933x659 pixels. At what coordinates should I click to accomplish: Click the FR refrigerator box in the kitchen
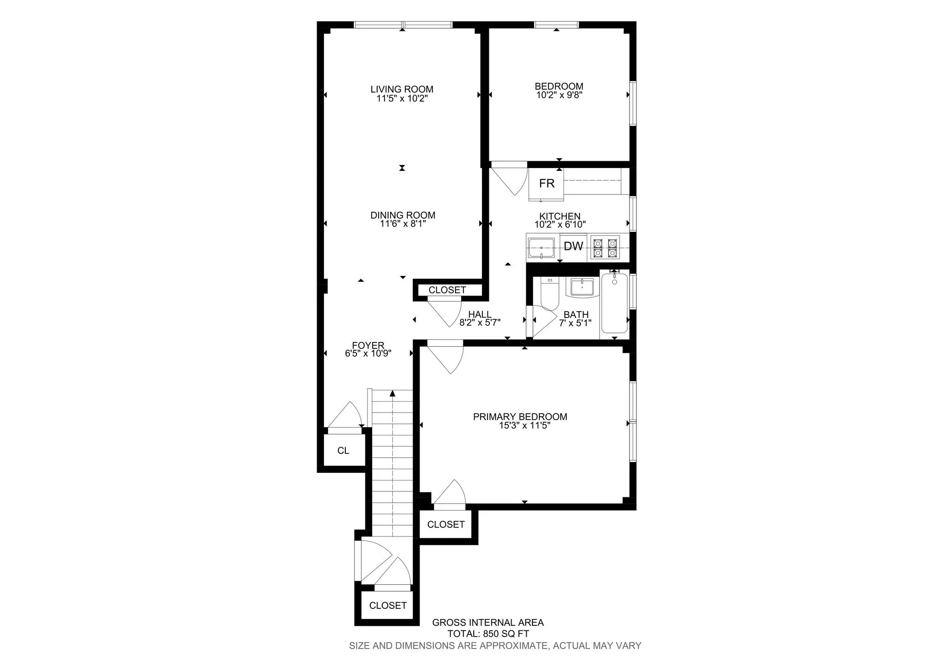tap(546, 184)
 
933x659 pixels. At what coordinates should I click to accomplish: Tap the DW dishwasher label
tap(573, 246)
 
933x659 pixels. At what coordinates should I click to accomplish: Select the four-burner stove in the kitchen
tap(605, 247)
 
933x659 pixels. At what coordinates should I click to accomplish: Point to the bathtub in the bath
tap(614, 303)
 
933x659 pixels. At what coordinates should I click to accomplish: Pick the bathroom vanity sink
tap(582, 287)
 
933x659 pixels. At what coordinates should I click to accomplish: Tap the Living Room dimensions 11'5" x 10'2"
tap(402, 98)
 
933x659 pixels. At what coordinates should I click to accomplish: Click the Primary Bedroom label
tap(520, 416)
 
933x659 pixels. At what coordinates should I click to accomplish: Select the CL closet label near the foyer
tap(343, 450)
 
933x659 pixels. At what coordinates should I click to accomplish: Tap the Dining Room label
tap(403, 215)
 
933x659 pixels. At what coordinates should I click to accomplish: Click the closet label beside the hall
tap(447, 290)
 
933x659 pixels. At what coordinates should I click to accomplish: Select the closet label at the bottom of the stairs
tap(388, 605)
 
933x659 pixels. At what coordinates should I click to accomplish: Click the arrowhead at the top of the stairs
tap(392, 393)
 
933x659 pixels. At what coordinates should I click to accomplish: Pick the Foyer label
tap(368, 345)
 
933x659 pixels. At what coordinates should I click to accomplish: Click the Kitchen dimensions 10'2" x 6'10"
tap(560, 225)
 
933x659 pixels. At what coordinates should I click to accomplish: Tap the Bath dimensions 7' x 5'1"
tap(575, 323)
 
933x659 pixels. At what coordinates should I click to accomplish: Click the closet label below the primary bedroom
tap(446, 525)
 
